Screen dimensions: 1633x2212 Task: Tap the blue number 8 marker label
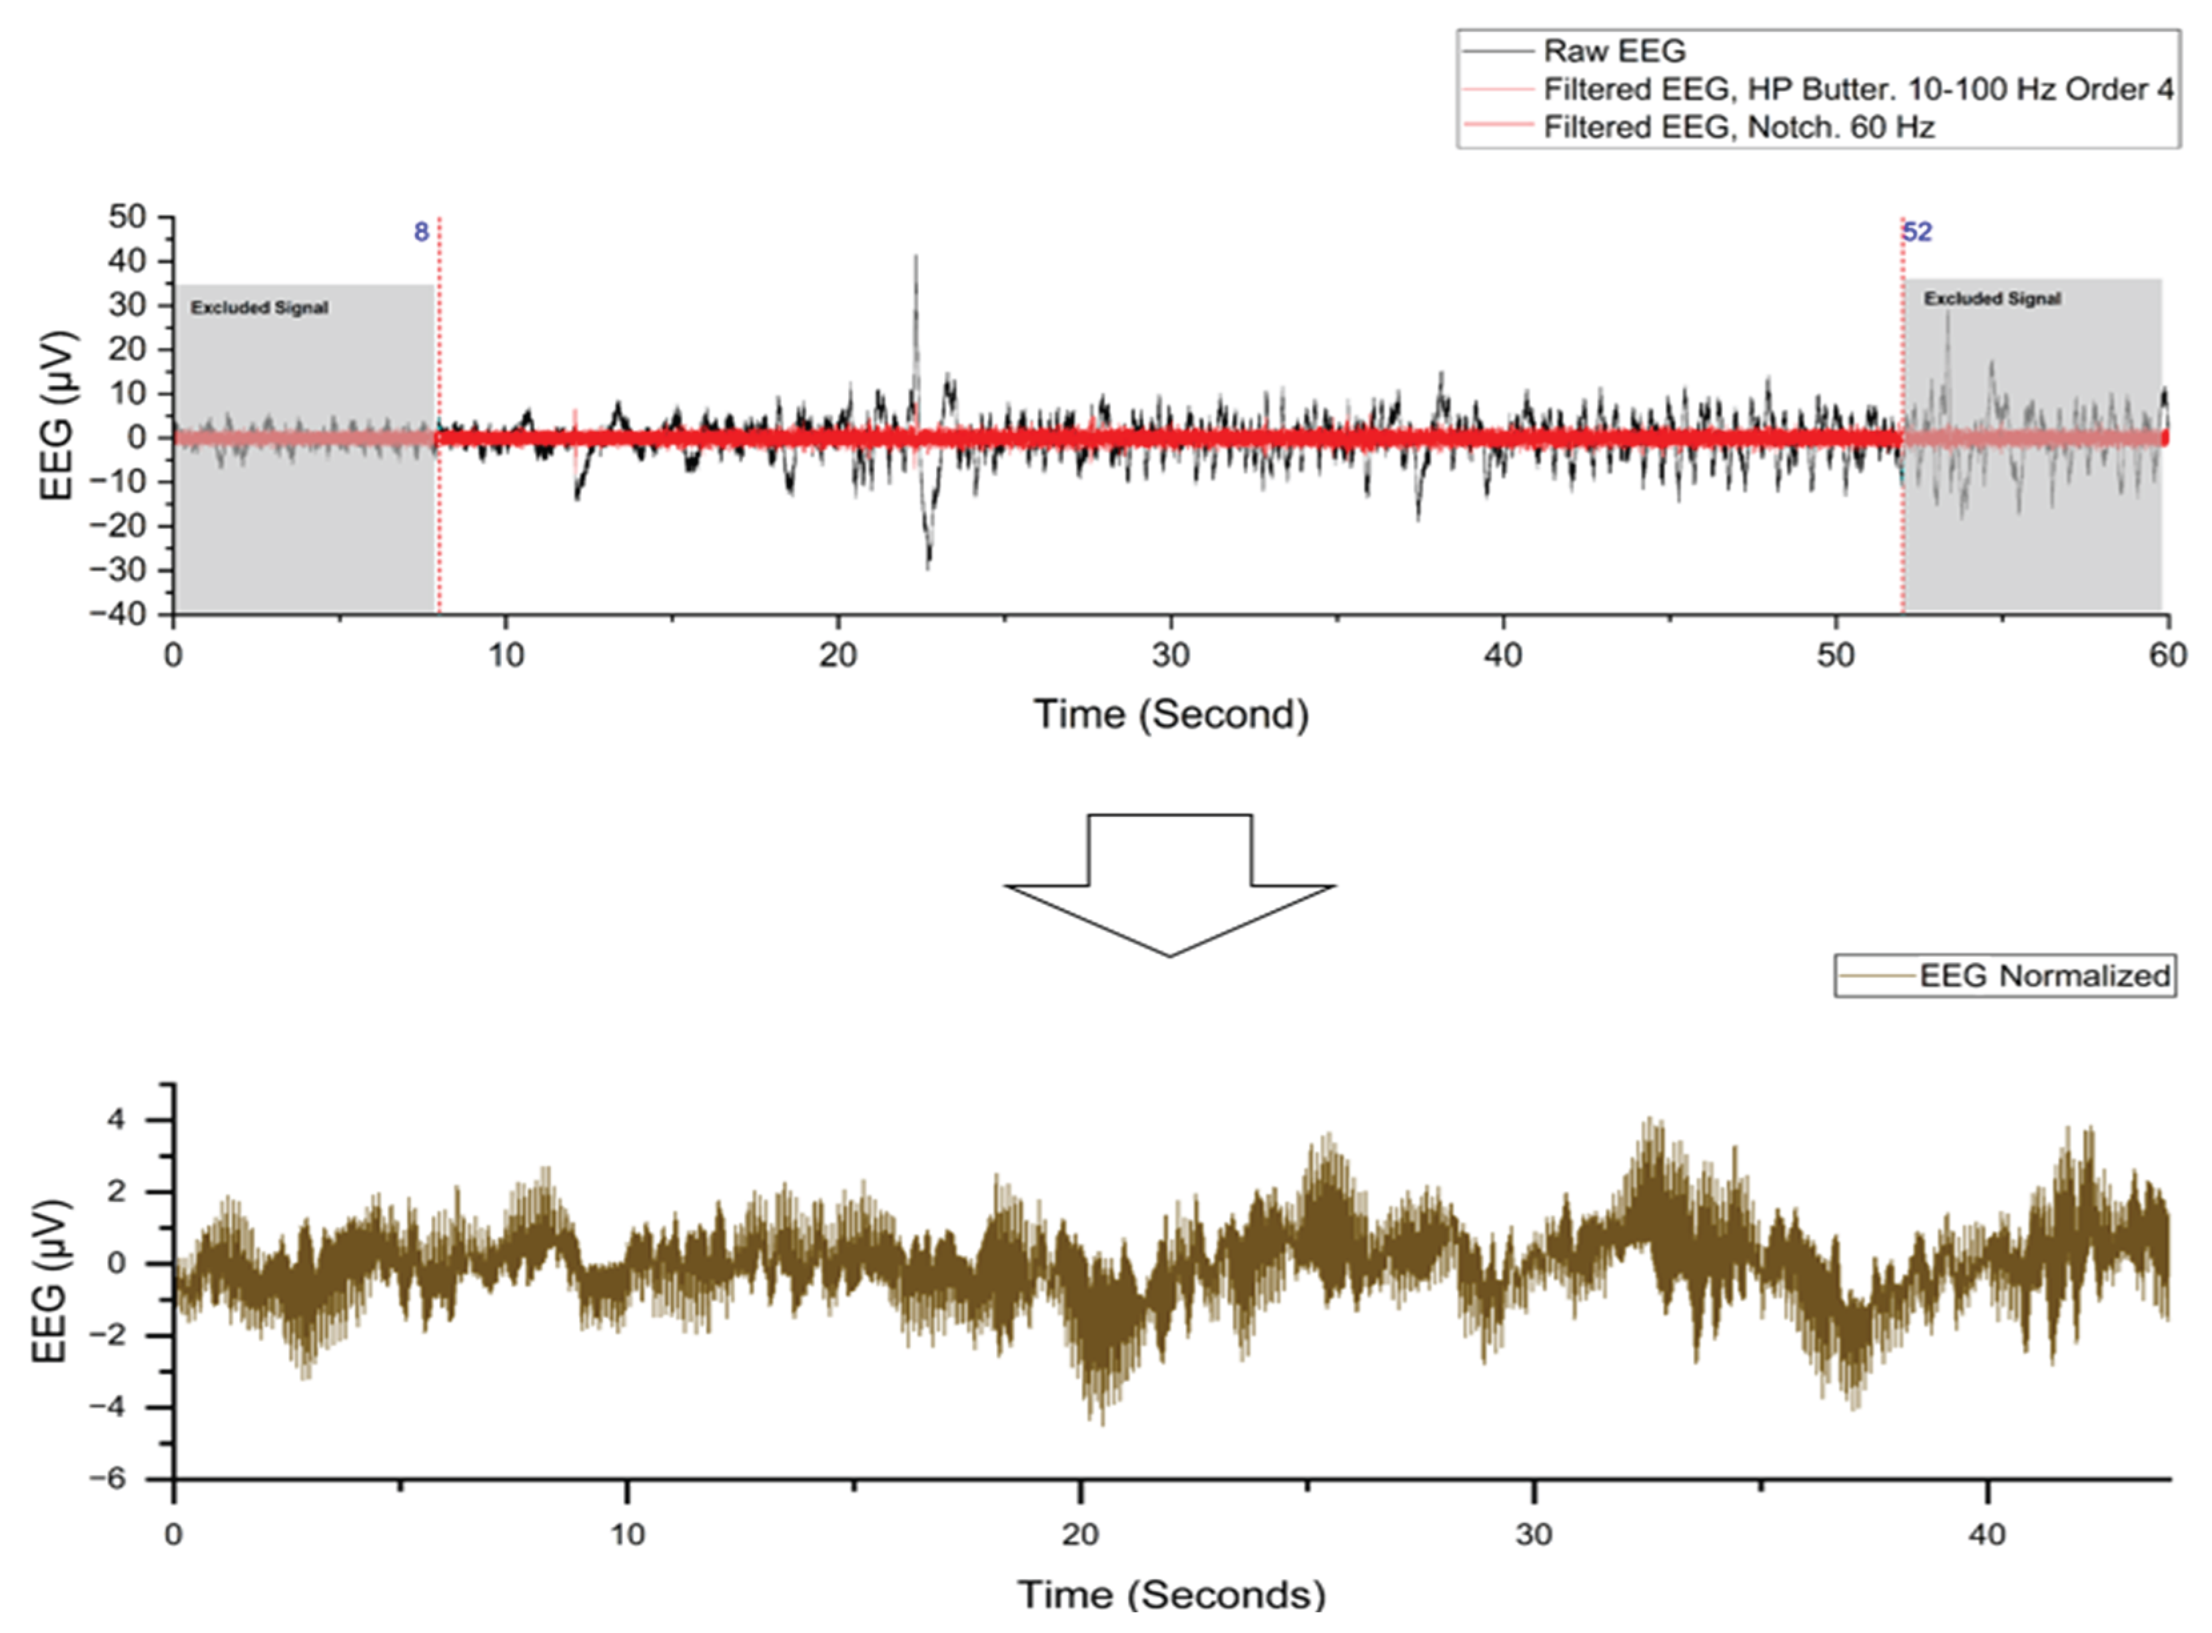421,233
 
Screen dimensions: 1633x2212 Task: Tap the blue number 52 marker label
1918,233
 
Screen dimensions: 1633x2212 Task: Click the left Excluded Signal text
259,307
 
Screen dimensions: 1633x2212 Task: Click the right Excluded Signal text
1991,298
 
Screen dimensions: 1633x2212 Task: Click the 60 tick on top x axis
2167,656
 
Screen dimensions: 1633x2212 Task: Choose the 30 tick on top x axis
1170,656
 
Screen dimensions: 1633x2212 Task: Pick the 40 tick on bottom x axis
1987,1535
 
